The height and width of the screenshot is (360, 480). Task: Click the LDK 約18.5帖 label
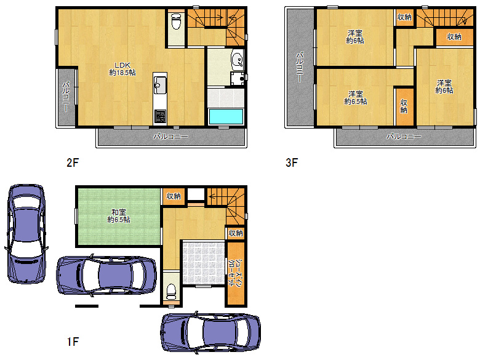click(122, 69)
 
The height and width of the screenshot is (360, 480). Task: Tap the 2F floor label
click(73, 162)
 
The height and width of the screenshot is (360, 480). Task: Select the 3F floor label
click(292, 162)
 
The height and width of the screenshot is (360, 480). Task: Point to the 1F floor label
click(73, 342)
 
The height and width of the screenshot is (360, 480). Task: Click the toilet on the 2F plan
click(176, 21)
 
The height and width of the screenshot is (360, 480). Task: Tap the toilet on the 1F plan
click(171, 292)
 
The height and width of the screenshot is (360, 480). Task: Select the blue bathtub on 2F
click(226, 116)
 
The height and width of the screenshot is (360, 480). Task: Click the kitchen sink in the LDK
click(160, 85)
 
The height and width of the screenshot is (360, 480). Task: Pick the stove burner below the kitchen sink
click(160, 116)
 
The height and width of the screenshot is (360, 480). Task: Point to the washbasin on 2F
click(237, 60)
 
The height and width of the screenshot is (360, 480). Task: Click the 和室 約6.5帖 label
click(119, 216)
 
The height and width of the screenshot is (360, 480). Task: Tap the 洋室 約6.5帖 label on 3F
click(356, 98)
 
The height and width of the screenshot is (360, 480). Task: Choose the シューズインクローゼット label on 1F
click(236, 273)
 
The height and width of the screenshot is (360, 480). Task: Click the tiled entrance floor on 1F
click(203, 263)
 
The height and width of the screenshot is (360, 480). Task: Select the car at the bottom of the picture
click(210, 333)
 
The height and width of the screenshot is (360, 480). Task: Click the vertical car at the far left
click(26, 234)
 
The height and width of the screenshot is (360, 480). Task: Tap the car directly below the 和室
click(106, 275)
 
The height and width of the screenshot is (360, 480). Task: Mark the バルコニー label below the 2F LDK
click(170, 137)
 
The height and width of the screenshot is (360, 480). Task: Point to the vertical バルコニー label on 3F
click(300, 67)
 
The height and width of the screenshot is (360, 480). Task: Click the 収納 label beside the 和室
click(174, 196)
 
